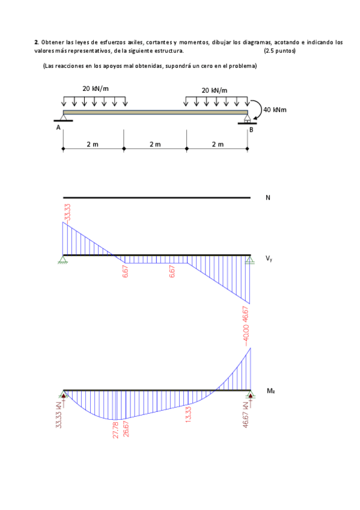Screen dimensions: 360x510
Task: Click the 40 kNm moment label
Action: (x=275, y=110)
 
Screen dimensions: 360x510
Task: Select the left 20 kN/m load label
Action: (x=96, y=88)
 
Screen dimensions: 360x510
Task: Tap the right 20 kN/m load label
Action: (x=215, y=90)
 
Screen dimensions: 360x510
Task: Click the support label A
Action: (x=58, y=127)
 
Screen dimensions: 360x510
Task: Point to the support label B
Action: (x=251, y=130)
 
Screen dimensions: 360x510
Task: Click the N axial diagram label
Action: (x=268, y=198)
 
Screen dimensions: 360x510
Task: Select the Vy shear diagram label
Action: (x=269, y=259)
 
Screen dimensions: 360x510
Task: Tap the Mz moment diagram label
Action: (x=270, y=391)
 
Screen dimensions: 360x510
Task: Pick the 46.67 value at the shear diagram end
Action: (x=246, y=315)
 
